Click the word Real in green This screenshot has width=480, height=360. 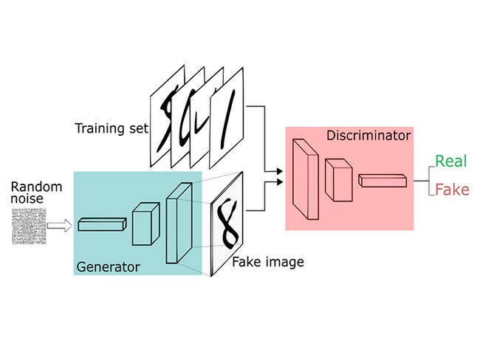[449, 161]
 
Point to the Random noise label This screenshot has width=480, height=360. [30, 192]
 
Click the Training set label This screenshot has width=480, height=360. [111, 128]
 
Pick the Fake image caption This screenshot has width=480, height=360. [268, 261]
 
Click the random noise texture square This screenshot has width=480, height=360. [30, 226]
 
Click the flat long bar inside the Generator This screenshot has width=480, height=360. [101, 224]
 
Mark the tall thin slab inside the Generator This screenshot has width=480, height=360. [177, 221]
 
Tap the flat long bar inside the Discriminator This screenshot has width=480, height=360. [383, 179]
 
